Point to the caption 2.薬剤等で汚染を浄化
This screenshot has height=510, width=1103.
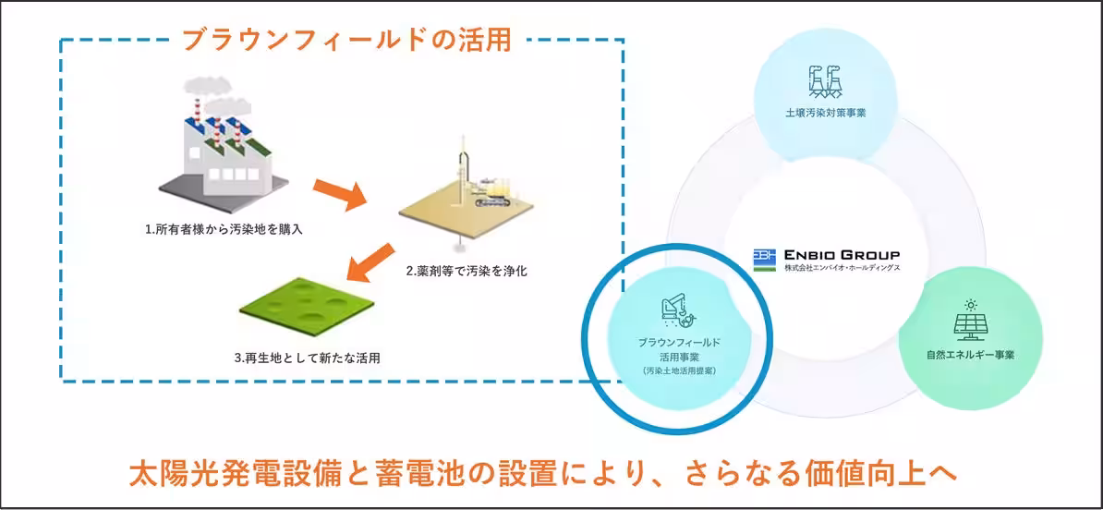(467, 272)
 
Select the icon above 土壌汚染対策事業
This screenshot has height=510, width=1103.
(825, 81)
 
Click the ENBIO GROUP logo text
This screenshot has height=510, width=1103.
(842, 255)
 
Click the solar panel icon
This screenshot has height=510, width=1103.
(970, 323)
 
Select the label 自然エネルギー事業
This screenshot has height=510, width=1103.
(970, 354)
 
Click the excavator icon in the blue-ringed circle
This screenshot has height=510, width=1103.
(679, 312)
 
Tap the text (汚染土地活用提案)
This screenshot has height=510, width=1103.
(679, 370)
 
